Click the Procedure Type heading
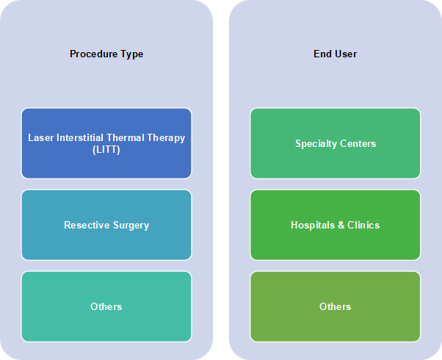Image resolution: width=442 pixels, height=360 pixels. coord(106,54)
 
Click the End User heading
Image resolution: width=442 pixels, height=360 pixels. coord(335,54)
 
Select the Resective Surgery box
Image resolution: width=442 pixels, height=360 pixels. coord(106,225)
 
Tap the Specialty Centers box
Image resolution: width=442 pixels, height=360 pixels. coord(335,143)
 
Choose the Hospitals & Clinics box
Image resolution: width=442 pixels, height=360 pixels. coord(335,225)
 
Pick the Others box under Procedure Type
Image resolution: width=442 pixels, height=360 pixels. coord(106,306)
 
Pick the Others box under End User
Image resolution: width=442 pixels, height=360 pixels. coord(335,306)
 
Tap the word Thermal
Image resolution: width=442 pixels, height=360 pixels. coord(126,137)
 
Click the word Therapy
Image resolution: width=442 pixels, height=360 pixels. coord(166,138)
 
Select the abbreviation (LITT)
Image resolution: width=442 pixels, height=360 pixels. coord(106,150)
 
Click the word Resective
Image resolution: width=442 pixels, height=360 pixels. coord(87,225)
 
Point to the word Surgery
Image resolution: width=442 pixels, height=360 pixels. coord(131,226)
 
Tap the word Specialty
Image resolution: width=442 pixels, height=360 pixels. coord(316,144)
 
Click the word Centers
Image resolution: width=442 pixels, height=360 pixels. coord(358,143)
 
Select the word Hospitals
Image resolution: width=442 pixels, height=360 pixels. coord(313,226)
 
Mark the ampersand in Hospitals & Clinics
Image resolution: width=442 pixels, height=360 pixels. coord(341,225)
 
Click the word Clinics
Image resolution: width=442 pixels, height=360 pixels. coord(363,225)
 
